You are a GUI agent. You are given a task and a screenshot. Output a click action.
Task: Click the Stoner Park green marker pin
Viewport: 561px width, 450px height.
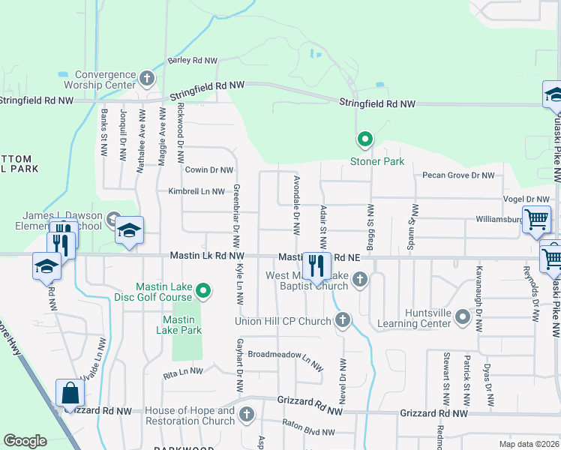tap(364, 139)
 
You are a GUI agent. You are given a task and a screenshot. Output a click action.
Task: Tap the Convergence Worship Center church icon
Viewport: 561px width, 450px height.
tap(147, 77)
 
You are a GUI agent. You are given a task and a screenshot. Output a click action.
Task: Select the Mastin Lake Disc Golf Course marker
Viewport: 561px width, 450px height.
tap(202, 289)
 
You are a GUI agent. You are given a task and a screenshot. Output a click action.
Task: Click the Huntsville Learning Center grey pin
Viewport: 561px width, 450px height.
tap(463, 319)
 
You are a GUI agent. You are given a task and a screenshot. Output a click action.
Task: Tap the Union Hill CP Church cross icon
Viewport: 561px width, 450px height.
tap(343, 321)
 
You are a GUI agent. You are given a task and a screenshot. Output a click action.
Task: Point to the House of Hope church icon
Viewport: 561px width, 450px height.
tap(247, 414)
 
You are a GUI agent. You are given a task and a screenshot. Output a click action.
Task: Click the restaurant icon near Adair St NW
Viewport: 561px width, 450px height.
tap(316, 264)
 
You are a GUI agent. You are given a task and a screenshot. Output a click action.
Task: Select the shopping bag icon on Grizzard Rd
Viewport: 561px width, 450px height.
tap(70, 393)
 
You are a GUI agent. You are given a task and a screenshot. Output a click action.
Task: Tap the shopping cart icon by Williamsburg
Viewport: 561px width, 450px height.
tap(537, 220)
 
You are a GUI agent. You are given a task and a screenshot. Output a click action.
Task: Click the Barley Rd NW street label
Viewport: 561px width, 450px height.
tap(193, 60)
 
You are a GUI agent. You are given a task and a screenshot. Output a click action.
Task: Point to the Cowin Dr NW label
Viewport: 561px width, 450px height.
tap(209, 170)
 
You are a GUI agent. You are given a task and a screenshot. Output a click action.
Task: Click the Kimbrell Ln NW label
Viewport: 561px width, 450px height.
tap(196, 191)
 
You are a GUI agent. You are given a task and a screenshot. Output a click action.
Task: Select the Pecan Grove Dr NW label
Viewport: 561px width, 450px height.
tap(458, 175)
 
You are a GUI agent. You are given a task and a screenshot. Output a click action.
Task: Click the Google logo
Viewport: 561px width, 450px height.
tap(25, 441)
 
